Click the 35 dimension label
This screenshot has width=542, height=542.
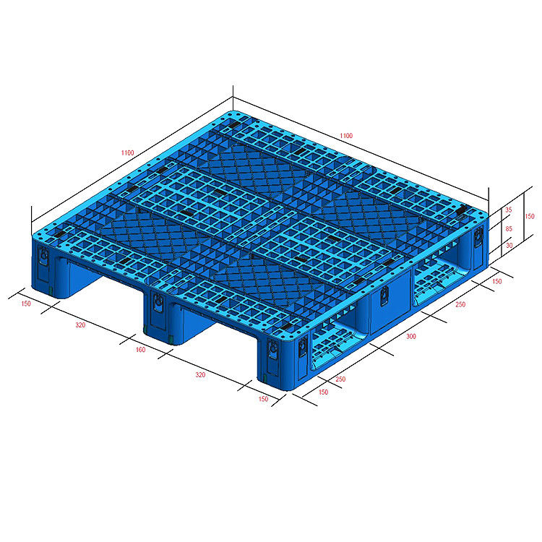tap(509, 210)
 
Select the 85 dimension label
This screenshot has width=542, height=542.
tap(509, 228)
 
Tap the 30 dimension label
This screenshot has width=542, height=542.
tap(509, 245)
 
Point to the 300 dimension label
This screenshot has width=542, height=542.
tap(411, 336)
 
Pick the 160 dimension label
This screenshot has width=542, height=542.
tap(140, 350)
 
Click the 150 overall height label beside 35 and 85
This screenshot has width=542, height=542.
tap(530, 216)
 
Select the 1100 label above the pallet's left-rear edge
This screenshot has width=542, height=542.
tap(127, 152)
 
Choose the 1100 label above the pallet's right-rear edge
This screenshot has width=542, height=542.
tap(346, 136)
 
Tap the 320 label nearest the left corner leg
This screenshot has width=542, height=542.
tap(80, 324)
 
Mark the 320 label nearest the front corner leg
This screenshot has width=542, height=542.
tap(200, 374)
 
